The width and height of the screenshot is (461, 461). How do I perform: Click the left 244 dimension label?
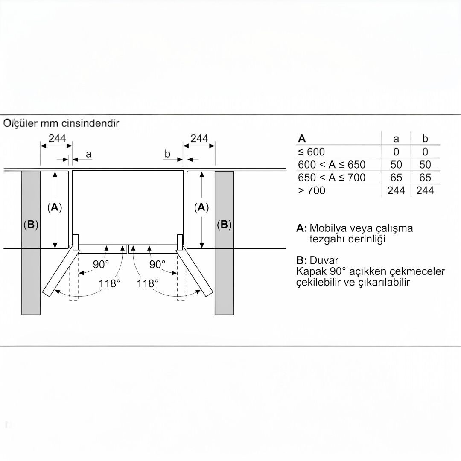57,138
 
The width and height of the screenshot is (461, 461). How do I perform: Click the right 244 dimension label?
199,138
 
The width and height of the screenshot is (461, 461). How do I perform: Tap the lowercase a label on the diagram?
88,154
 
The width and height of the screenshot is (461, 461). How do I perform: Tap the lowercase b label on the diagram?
167,154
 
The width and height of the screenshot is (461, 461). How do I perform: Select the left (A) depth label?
55,207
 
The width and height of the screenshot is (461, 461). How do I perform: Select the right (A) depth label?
201,207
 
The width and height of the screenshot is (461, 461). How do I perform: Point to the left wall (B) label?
31,225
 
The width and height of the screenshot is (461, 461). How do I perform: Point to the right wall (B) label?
224,225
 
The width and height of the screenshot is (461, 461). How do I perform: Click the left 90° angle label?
101,264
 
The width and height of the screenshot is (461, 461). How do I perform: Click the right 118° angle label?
148,283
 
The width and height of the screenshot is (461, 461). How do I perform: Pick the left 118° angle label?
109,283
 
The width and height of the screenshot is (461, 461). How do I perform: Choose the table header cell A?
302,138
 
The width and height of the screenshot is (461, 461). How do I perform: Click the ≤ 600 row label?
311,152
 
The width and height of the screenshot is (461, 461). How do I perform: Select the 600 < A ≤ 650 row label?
332,165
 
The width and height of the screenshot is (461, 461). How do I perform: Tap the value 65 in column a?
396,178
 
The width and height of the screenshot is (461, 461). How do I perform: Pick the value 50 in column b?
425,165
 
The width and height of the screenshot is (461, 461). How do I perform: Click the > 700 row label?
312,190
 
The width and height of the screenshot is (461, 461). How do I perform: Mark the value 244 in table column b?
425,190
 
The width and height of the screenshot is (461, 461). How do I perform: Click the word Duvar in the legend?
324,260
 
